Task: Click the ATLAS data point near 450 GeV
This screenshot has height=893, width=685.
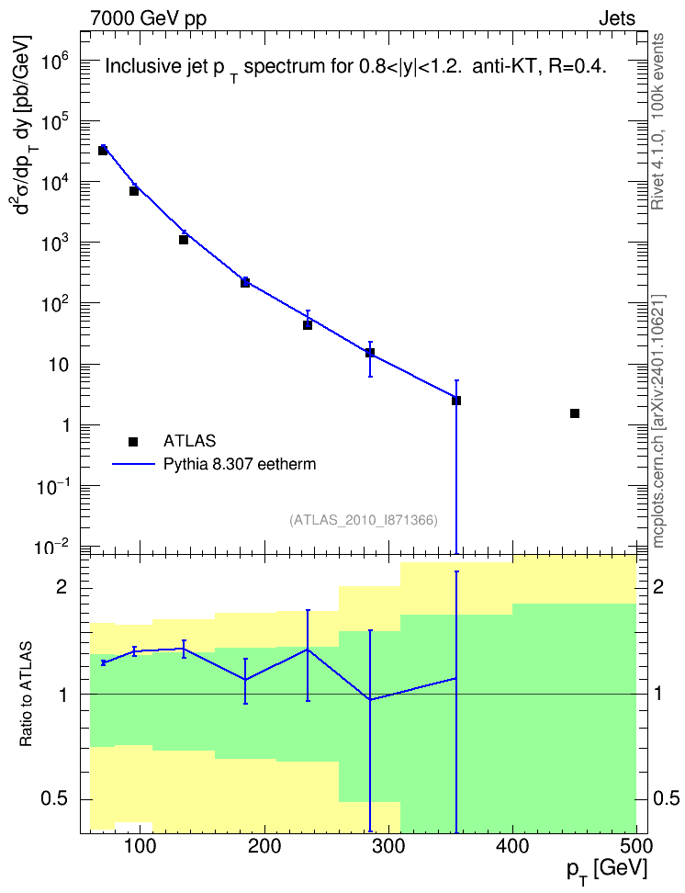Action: click(575, 413)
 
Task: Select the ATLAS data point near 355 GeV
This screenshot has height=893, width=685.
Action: click(456, 401)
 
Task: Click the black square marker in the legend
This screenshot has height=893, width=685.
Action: click(133, 441)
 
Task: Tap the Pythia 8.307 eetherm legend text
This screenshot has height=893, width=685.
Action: click(239, 464)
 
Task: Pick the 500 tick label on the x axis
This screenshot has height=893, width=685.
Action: click(636, 847)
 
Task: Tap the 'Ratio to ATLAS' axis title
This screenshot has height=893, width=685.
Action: click(27, 695)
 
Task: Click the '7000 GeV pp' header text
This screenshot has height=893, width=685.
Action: click(148, 18)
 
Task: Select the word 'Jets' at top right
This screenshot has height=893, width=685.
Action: click(617, 18)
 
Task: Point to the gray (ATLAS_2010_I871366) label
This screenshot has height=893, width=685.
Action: click(364, 520)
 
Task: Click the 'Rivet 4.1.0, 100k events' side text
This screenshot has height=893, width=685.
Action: click(657, 121)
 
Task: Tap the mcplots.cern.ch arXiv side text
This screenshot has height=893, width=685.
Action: click(657, 421)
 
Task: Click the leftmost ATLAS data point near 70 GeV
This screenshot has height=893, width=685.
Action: click(103, 151)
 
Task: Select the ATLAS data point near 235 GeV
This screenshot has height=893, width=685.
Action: click(308, 324)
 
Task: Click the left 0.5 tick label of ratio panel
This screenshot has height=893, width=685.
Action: click(54, 799)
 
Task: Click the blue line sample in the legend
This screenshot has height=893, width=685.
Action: click(133, 465)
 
